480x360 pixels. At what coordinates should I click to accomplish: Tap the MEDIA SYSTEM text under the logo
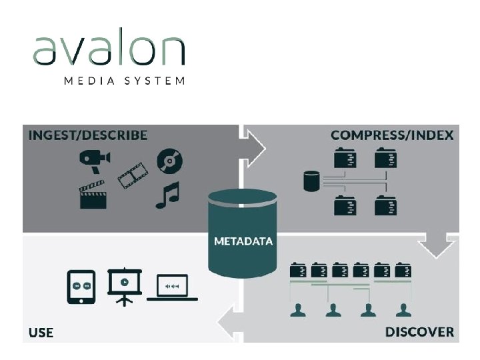(x=125, y=81)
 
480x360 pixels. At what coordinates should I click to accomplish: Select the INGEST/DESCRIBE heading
(x=88, y=135)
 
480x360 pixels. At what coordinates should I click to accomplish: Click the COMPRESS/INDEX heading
(x=392, y=135)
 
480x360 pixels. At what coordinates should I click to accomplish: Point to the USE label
(x=41, y=332)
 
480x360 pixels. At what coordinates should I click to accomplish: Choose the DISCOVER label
(x=419, y=331)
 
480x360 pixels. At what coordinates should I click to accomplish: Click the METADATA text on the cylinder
(x=243, y=241)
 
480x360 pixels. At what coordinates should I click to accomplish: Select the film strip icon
(x=133, y=175)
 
